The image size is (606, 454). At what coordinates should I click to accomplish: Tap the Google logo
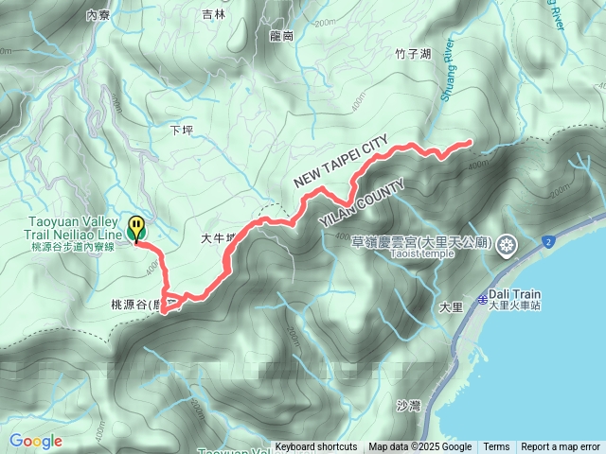coord(36,442)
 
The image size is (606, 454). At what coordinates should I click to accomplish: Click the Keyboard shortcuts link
coord(316,447)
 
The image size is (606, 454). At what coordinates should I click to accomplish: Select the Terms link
coord(496,447)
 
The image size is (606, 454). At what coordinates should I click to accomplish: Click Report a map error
coord(561,447)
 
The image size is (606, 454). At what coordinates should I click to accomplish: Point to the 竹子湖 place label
coord(412,54)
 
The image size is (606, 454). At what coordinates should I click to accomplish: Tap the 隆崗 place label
coord(281,35)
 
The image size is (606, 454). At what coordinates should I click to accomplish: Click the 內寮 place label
coord(98,15)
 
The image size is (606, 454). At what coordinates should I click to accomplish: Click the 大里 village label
coord(451,307)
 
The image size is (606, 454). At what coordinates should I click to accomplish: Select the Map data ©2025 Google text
coord(420,447)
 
